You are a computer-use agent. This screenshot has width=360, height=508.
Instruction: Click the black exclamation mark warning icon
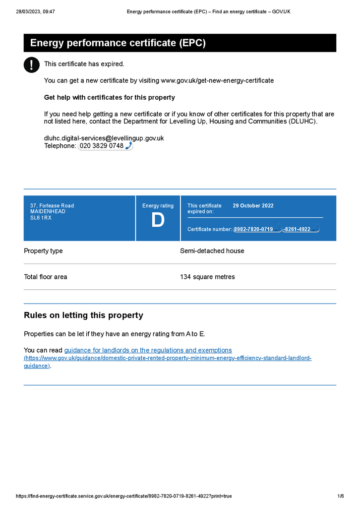32,65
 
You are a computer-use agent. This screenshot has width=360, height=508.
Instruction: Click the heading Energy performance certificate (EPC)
118,43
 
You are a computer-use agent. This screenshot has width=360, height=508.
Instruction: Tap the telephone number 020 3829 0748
101,146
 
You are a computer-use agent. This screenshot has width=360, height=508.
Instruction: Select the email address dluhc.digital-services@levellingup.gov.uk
104,138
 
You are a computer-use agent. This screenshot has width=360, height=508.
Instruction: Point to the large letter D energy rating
158,221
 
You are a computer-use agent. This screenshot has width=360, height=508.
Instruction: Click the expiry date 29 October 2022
253,206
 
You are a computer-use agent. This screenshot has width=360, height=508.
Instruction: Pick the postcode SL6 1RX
41,218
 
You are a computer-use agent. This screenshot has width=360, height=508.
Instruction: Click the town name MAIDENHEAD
48,212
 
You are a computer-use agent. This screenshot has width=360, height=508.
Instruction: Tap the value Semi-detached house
212,251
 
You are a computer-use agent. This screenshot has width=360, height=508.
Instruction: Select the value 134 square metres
207,277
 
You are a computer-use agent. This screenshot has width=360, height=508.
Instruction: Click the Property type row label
43,251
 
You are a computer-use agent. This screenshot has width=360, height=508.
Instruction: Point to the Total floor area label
45,277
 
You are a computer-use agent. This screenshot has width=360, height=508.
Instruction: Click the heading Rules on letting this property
83,316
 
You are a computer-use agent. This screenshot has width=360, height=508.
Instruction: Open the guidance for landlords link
148,350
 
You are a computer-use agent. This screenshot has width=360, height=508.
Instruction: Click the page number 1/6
341,496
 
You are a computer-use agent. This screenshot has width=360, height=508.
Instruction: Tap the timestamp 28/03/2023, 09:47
35,11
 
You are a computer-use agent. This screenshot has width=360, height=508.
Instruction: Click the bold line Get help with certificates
109,98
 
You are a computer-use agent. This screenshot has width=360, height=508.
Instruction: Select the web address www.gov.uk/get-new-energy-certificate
217,80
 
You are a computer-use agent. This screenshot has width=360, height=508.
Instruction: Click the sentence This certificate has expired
84,64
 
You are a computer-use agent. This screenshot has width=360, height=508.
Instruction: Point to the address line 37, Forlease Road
52,206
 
